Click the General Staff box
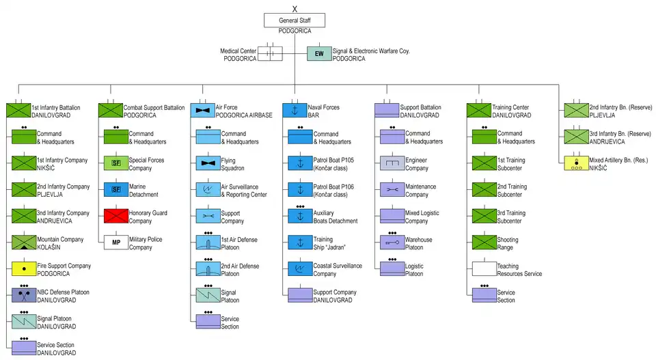tap(294, 20)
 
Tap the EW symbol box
tap(318, 54)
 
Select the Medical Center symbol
tap(270, 54)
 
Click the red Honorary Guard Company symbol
tap(115, 216)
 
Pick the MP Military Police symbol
tap(115, 243)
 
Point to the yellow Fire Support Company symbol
tap(23, 268)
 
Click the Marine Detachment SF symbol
tap(115, 189)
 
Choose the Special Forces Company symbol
tap(115, 163)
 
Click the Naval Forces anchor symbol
tap(294, 110)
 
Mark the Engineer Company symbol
tap(392, 163)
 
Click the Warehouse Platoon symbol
tap(392, 243)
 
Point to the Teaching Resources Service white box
tap(484, 268)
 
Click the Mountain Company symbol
tap(23, 243)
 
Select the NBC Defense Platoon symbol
tap(23, 295)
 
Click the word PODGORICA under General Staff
tap(295, 31)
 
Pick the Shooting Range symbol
tap(484, 243)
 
